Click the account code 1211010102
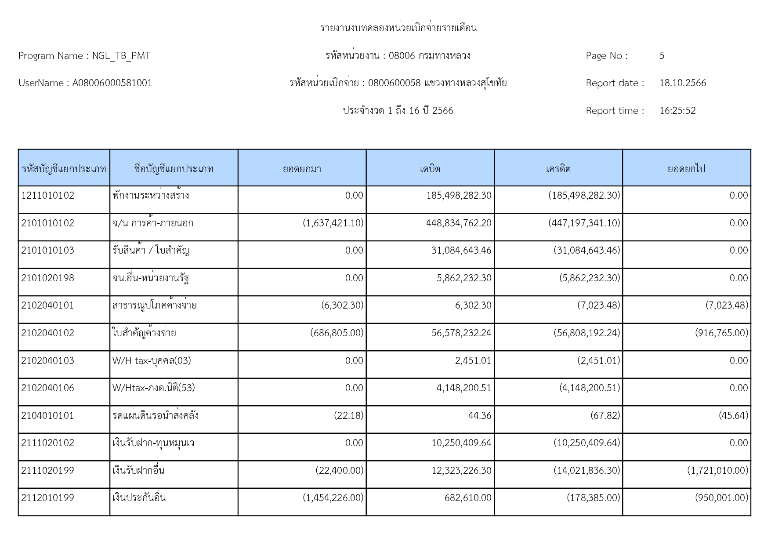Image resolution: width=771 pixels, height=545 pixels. point(48,196)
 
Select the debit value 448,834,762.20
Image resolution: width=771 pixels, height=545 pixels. point(459,223)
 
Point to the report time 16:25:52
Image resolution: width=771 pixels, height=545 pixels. point(677,111)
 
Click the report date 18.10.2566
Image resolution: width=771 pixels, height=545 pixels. point(683,83)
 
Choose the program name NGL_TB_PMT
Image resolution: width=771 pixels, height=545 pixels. point(121,56)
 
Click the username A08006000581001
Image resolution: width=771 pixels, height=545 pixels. point(112,83)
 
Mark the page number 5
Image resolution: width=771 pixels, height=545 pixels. point(662,56)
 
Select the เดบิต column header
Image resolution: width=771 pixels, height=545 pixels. point(430,169)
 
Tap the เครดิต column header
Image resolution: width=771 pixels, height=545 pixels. point(558,169)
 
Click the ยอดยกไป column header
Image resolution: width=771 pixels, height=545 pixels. point(686,169)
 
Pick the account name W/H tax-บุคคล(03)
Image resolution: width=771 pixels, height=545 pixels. point(152,361)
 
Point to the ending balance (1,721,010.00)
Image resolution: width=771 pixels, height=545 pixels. point(717,471)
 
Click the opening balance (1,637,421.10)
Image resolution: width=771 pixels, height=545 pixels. point(333,223)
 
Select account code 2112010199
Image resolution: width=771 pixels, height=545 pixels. point(48,498)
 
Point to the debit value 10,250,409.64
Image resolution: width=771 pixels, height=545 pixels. point(461,443)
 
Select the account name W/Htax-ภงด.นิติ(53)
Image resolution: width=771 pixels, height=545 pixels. point(153,388)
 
